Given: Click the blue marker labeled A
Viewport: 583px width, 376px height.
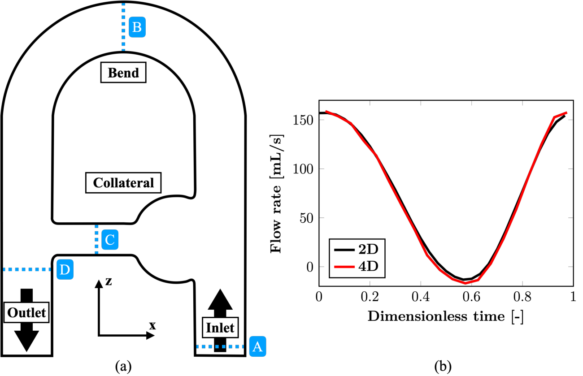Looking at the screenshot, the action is click(258, 346).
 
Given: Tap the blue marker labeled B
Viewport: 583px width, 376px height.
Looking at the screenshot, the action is click(137, 27).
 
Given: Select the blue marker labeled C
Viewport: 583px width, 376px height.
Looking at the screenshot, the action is click(110, 239).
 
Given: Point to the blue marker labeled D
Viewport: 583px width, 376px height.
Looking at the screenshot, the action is click(65, 269).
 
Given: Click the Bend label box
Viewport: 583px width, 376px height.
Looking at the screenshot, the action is click(123, 73).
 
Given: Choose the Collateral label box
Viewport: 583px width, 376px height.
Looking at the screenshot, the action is click(123, 182).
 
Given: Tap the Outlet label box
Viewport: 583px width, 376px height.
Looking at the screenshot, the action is click(26, 312).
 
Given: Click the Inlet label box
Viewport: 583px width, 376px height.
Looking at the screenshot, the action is click(220, 328).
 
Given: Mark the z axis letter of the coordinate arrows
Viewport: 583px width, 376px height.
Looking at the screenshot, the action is click(109, 281).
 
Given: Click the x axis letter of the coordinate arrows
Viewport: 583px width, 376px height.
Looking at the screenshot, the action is click(152, 325).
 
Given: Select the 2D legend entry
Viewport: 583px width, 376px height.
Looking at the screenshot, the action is click(357, 249).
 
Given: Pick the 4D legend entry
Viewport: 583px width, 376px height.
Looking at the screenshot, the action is click(357, 267).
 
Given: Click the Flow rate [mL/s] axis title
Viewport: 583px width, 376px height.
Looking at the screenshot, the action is click(276, 194).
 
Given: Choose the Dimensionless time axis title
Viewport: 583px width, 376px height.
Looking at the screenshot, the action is click(446, 317).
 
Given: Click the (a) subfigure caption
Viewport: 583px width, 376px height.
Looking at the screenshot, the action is click(123, 367).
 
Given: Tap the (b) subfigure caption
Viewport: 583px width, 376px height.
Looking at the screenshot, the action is click(443, 367).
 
